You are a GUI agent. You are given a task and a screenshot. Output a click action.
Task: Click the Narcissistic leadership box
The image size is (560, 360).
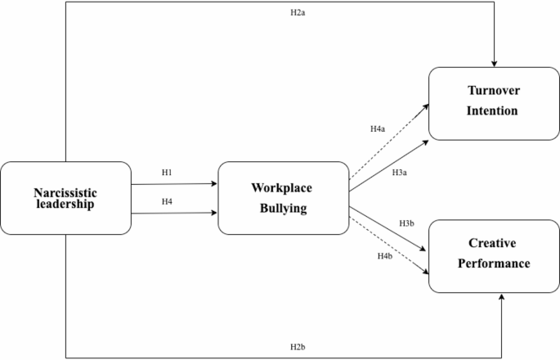(65, 198)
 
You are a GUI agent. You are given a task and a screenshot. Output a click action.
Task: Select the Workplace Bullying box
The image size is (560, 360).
(283, 198)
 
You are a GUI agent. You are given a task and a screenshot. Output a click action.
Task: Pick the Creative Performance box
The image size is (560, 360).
(493, 255)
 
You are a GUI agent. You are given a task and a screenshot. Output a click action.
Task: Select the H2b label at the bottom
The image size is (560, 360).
(298, 347)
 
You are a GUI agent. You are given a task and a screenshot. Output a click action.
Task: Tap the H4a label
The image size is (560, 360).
(377, 129)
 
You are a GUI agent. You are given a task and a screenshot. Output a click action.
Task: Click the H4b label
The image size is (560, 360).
(384, 257)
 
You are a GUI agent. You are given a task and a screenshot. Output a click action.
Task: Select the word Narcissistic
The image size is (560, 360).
(65, 192)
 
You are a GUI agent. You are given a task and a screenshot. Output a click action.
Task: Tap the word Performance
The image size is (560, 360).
(493, 264)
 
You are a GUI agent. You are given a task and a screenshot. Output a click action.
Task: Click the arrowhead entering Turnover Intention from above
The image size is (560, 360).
(494, 63)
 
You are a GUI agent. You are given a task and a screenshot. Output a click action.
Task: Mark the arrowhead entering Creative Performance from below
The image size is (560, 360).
(500, 298)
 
